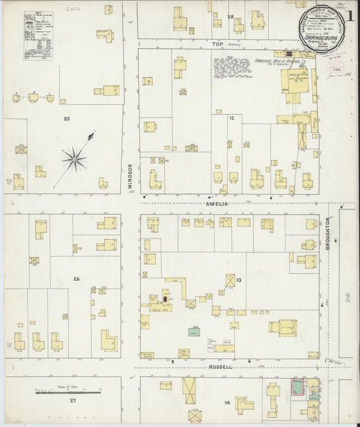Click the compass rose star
pyautogui.click(x=74, y=159)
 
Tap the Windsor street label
pyautogui.click(x=132, y=176)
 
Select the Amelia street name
pyautogui.click(x=217, y=203)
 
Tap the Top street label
pyautogui.click(x=217, y=43)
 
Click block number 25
pyautogui.click(x=66, y=119)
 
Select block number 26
pyautogui.click(x=76, y=279)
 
